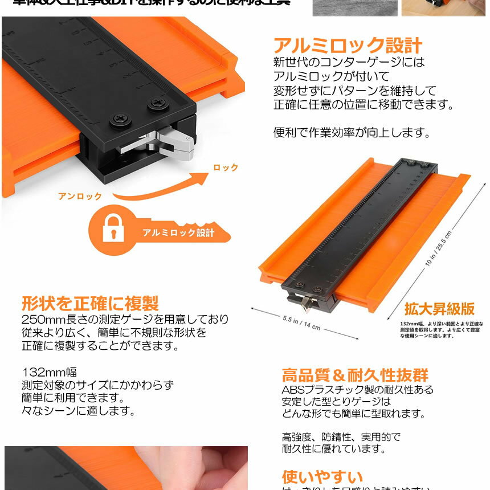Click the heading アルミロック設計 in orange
click(x=348, y=46)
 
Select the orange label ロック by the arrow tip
click(x=226, y=168)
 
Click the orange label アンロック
click(x=80, y=196)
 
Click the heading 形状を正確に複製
click(x=90, y=303)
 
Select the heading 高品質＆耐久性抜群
click(x=355, y=375)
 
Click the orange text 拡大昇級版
click(x=439, y=309)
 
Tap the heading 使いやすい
click(x=322, y=476)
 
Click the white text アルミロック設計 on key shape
click(x=178, y=232)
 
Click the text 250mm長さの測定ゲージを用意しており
click(x=125, y=318)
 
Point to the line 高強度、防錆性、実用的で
click(x=341, y=437)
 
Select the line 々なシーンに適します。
click(x=78, y=410)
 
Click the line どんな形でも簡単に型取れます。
click(x=353, y=414)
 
